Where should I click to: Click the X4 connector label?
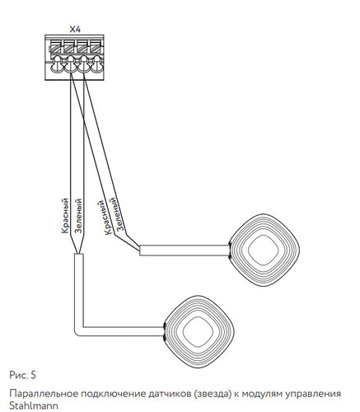tap(75, 30)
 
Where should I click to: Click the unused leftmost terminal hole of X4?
tap(57, 63)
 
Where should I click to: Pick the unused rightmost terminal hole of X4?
tap(96, 63)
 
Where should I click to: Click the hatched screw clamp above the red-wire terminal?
tap(69, 46)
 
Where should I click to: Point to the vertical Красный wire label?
tap(65, 216)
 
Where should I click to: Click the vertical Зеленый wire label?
tap(78, 216)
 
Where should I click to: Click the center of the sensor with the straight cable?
tap(264, 250)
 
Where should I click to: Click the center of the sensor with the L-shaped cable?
tap(199, 331)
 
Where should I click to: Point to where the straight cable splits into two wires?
tap(139, 250)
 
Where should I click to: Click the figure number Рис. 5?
tap(22, 375)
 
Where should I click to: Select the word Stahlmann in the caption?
tap(34, 406)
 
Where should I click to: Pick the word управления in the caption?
tap(313, 395)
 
